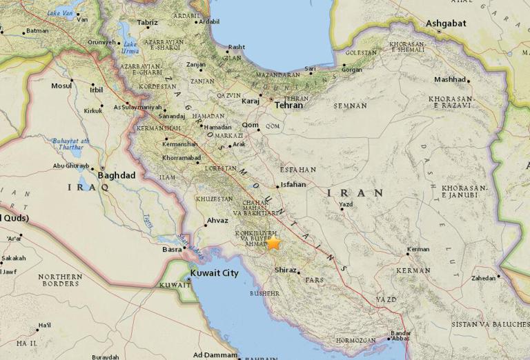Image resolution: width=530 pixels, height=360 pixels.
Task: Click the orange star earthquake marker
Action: pos(274,243)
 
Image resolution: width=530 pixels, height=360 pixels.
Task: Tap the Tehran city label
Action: pos(288,106)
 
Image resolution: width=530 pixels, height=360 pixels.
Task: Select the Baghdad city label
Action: pos(117,175)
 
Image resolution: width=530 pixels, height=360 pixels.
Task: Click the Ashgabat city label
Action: pos(446,23)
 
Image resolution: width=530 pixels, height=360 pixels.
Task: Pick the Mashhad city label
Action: pos(450,79)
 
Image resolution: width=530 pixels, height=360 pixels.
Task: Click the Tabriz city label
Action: pos(148,23)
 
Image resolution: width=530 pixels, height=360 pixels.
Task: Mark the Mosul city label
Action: pos(61,86)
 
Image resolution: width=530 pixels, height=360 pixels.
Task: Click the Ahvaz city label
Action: pos(216,222)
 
